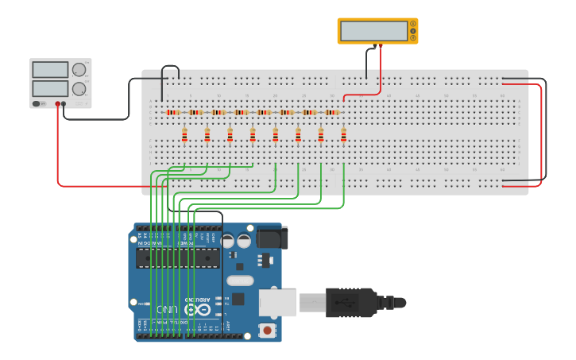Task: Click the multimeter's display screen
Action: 373,31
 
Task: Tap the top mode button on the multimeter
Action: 412,25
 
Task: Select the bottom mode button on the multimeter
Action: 412,37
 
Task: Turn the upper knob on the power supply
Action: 79,70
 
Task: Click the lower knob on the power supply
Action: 79,88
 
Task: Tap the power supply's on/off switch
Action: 37,103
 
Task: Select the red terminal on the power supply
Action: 57,103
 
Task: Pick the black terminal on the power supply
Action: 64,103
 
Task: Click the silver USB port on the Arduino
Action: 278,302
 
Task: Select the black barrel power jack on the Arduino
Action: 270,237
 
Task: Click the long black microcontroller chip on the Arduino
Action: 177,258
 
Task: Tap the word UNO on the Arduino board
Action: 167,308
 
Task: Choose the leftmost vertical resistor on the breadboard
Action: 184,137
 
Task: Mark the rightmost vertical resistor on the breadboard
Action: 343,137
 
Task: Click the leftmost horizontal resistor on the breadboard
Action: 173,113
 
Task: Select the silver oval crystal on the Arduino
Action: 240,280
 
